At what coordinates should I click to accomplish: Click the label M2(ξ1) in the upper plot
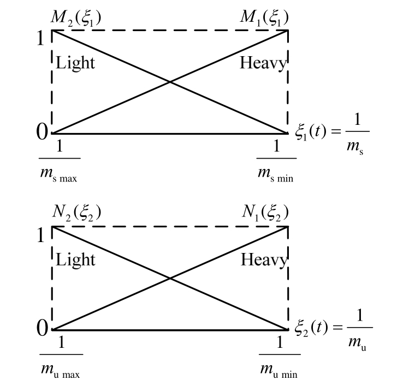(76, 18)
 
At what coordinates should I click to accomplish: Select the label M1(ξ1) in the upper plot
(265, 18)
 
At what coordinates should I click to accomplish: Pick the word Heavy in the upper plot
(263, 64)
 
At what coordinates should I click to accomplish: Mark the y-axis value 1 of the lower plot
(41, 235)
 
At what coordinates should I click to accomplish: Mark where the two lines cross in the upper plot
(170, 82)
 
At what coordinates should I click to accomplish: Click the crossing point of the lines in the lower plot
(170, 278)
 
